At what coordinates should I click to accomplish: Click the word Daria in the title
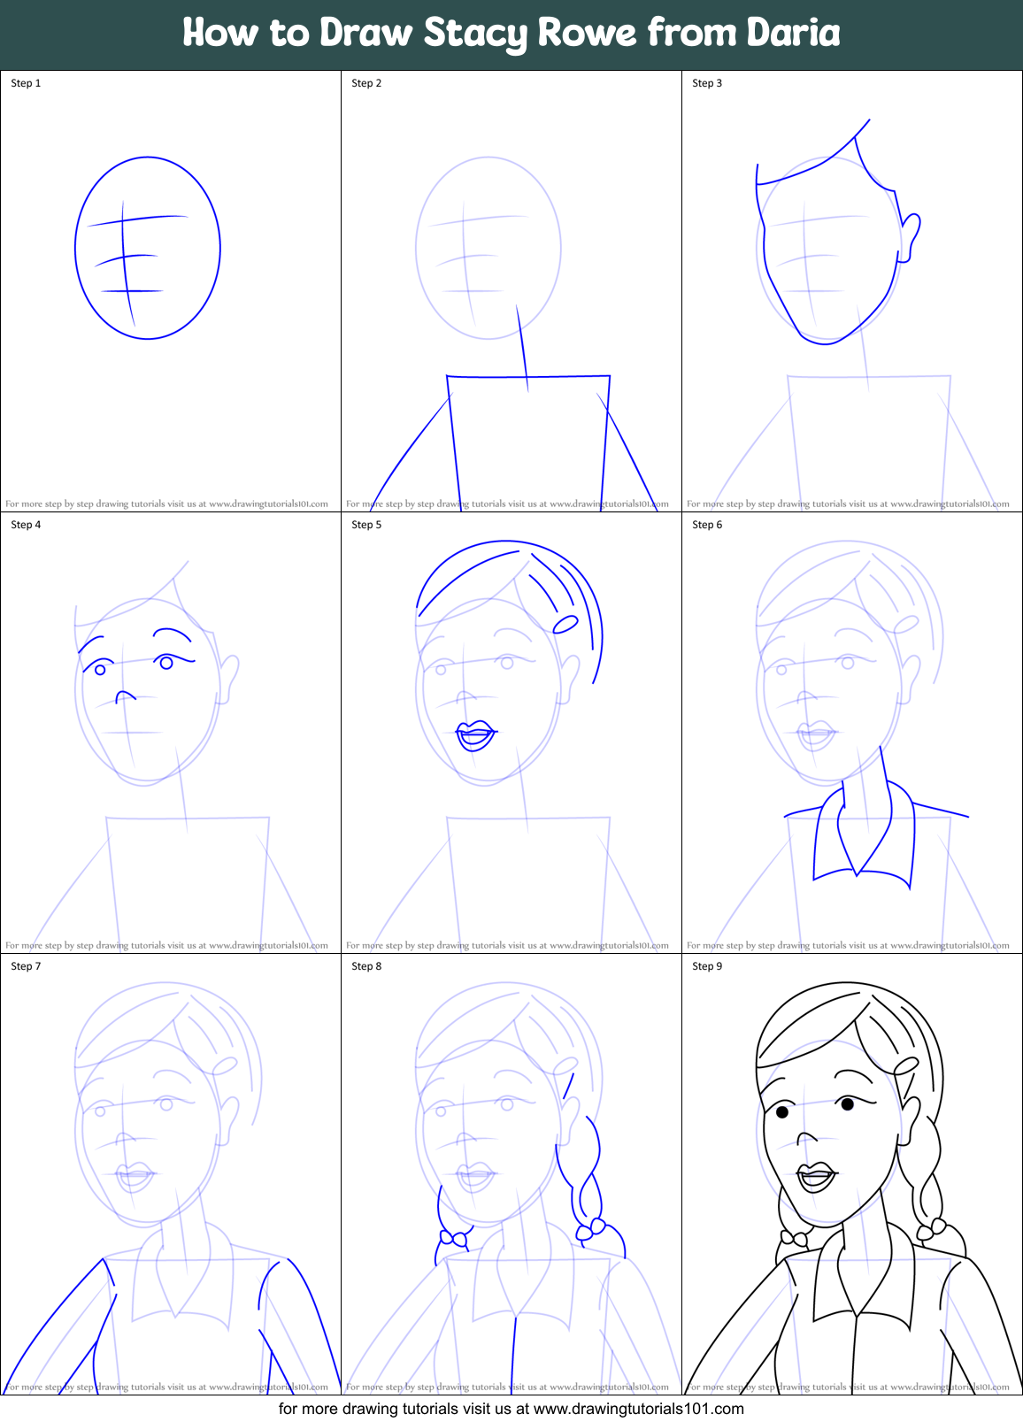[793, 33]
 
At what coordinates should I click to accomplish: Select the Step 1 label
[26, 83]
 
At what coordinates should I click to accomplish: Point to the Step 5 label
[366, 525]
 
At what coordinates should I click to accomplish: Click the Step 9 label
[707, 966]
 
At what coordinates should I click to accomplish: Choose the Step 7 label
[26, 966]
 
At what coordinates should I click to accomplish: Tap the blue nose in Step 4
[125, 696]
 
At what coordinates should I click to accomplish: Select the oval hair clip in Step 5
[565, 625]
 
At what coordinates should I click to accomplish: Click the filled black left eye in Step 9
[782, 1111]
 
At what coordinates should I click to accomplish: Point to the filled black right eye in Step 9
[848, 1103]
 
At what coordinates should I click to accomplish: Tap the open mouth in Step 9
[816, 1178]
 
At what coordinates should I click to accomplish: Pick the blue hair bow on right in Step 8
[590, 1228]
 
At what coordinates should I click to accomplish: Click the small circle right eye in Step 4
[166, 663]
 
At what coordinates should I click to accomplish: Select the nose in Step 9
[806, 1138]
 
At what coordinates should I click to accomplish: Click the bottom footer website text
[511, 1408]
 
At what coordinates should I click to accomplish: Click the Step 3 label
[707, 83]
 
